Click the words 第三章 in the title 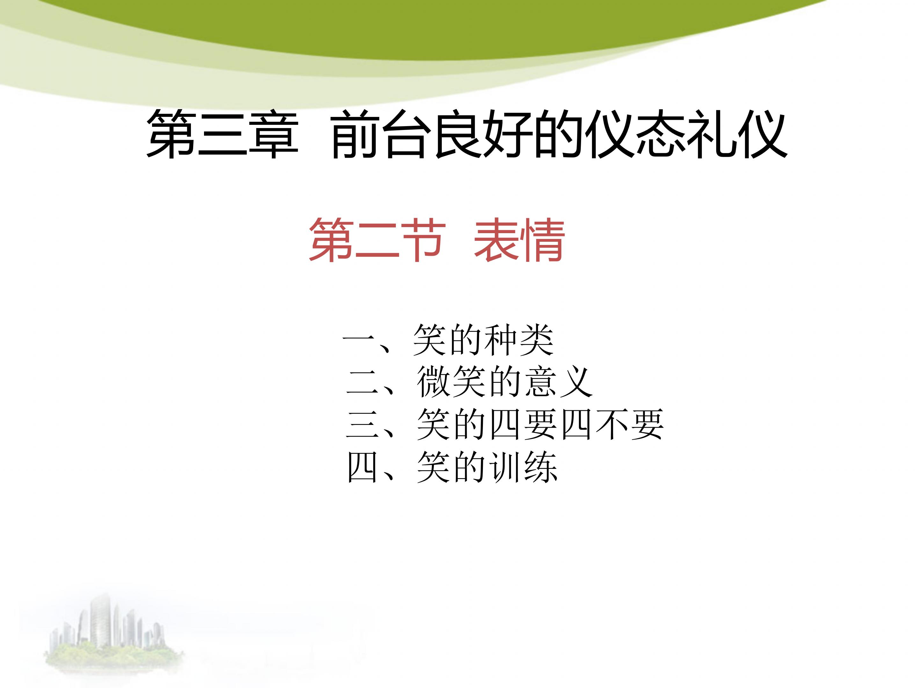(x=222, y=134)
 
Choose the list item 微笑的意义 (x=504, y=382)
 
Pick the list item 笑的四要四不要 (x=540, y=424)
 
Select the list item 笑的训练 (x=487, y=467)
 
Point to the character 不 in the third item (x=611, y=424)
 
